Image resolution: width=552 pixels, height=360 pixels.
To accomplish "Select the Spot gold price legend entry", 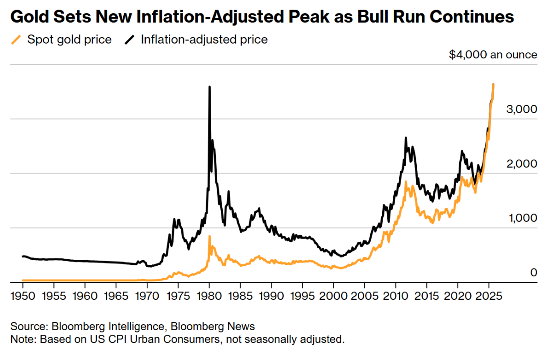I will point(69,40).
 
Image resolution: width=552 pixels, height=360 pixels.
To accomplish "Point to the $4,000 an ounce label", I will point(493,55).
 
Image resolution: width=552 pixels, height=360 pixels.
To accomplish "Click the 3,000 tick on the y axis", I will point(522,109).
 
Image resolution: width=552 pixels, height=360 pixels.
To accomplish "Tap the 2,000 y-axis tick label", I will point(522,164).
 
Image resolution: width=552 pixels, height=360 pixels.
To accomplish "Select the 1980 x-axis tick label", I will point(209,294).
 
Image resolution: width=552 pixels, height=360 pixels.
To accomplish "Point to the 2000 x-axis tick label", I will point(333,294).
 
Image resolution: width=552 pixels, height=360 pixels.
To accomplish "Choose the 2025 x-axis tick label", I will point(489,294).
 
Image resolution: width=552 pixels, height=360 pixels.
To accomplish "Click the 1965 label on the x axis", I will point(116,294).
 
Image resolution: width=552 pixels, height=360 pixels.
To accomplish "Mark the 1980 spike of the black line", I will point(210,87).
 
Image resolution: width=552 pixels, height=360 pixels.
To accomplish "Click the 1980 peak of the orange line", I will point(210,236).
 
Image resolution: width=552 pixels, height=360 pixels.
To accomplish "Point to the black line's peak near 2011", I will point(406,138).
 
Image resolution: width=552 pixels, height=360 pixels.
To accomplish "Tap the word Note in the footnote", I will point(22,340).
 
